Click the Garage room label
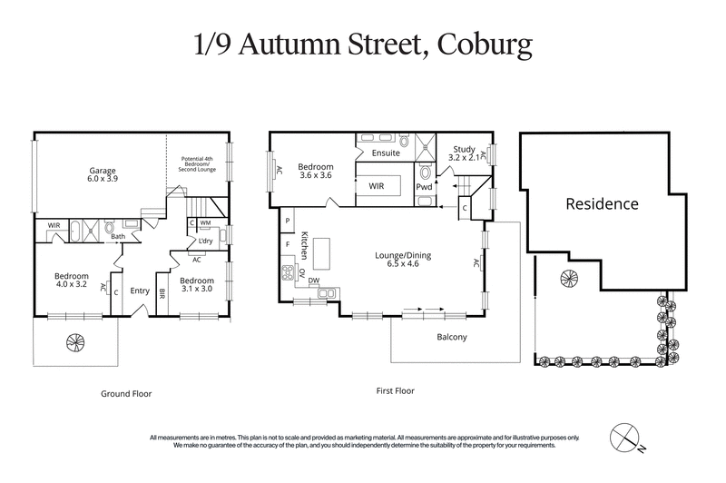coord(103,170)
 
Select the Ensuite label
coord(385,153)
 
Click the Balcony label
coord(451,338)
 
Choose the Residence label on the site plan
coord(602,203)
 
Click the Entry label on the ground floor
coord(140,291)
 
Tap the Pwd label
coord(424,186)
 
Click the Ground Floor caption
coord(125,394)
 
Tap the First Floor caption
coord(395,391)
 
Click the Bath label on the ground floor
coord(118,237)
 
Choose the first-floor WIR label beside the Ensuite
coord(377,185)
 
